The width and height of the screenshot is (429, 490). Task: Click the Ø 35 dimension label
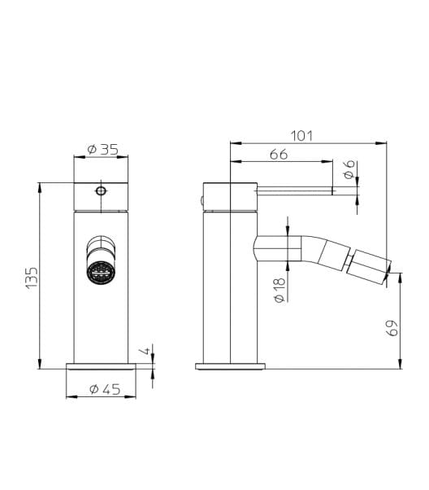(x=102, y=149)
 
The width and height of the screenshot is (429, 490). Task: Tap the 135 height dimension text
(x=31, y=277)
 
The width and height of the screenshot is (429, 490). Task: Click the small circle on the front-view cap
(x=101, y=192)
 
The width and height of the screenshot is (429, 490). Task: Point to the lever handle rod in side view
(x=297, y=192)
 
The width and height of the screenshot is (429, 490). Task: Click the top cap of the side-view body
(x=230, y=196)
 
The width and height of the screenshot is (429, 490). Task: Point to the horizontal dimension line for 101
(x=309, y=144)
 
